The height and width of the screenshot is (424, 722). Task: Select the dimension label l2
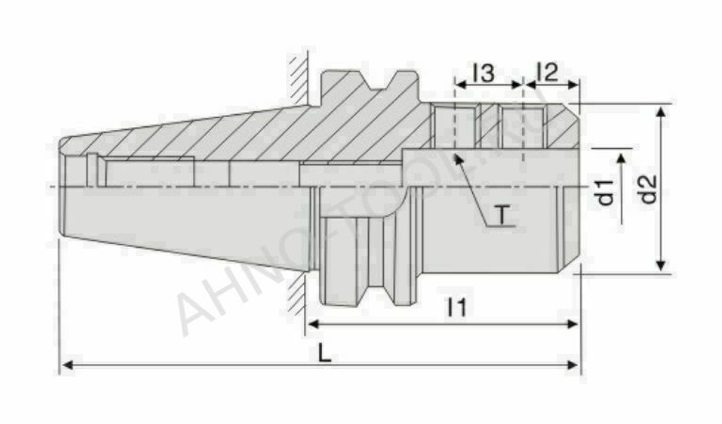547,72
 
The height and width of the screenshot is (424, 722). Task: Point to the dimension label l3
483,72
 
